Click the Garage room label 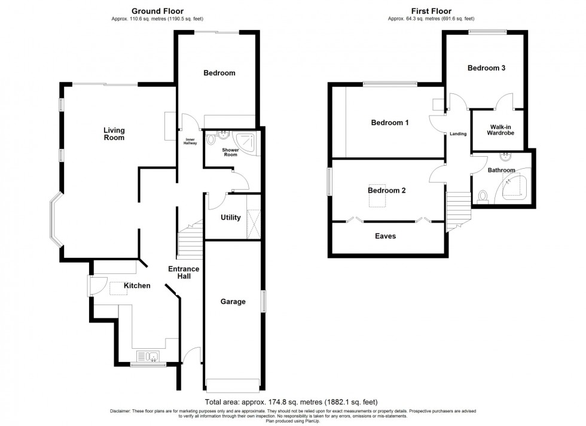(x=233, y=302)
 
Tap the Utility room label (x=231, y=217)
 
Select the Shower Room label (x=231, y=152)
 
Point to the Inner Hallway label (x=190, y=141)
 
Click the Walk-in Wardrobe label (x=500, y=130)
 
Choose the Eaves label (x=385, y=236)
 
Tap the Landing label (x=458, y=134)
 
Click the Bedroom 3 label (x=486, y=68)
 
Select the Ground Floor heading (x=157, y=11)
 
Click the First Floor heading (x=431, y=11)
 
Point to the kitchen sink (x=148, y=356)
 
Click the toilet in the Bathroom (x=483, y=197)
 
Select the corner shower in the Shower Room (x=246, y=143)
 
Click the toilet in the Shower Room (x=210, y=140)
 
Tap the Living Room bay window (x=55, y=220)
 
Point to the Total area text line (x=291, y=403)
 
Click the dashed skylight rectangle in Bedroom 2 (x=377, y=196)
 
